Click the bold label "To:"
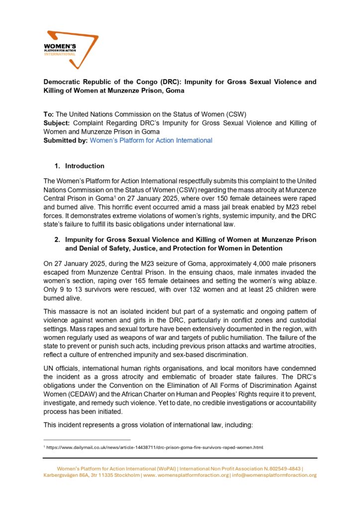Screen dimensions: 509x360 50,114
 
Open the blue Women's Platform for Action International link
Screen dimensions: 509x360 151,140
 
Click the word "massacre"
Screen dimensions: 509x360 73,312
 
